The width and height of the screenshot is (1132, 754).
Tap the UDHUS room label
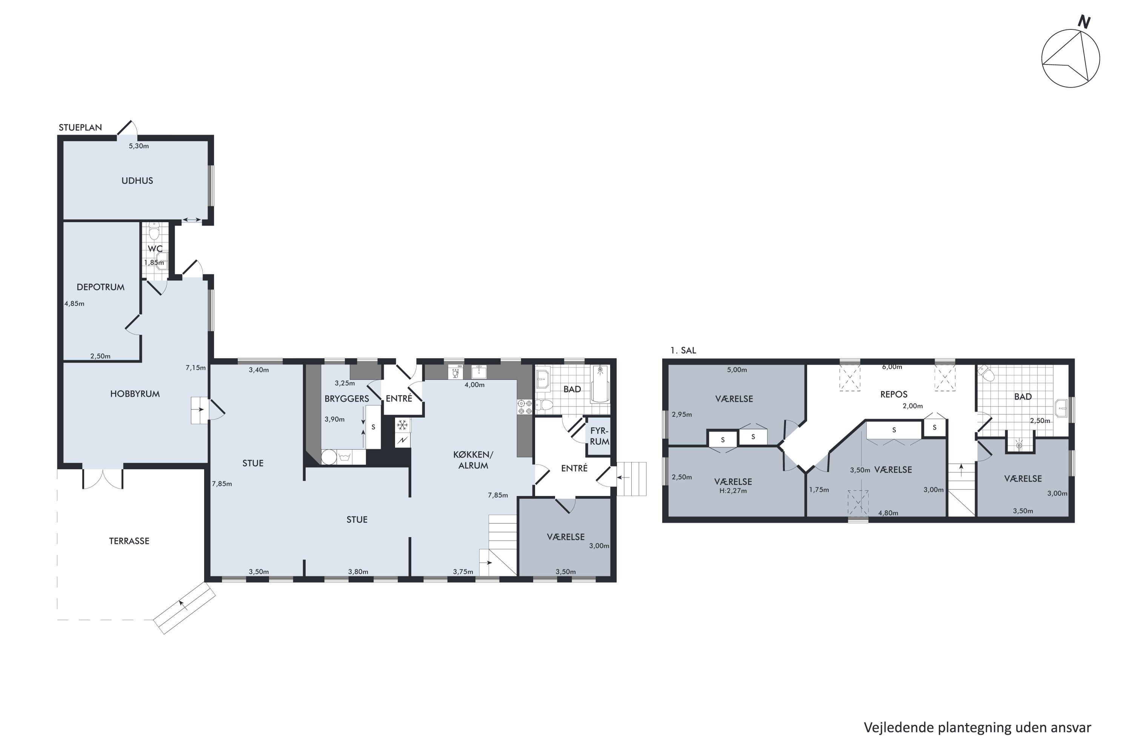(137, 181)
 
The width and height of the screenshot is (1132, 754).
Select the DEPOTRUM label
(101, 287)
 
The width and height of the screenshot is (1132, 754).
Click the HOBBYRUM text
(135, 394)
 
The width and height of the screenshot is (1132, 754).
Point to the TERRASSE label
(129, 541)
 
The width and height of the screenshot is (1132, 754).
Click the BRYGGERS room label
(346, 398)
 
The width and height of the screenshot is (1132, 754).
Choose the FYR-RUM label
(599, 436)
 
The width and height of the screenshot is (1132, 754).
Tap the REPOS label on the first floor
(894, 394)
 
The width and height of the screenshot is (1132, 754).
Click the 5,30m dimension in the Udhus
(138, 146)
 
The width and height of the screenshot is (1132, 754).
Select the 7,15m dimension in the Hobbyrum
(195, 368)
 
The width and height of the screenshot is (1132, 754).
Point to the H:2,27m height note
(733, 491)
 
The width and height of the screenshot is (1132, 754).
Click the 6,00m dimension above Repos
(892, 367)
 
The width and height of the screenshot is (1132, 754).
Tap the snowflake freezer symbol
(402, 425)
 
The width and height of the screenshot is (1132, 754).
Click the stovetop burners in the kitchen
(524, 407)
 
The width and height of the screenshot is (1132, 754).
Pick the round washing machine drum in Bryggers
(329, 457)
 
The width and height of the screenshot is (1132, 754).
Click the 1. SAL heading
(683, 351)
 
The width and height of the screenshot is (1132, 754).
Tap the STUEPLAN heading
(80, 127)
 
